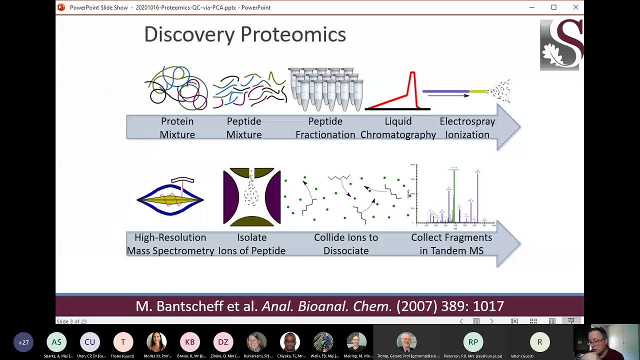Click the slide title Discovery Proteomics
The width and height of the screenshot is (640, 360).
[x=245, y=34]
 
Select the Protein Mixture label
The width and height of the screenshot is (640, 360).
[x=177, y=128]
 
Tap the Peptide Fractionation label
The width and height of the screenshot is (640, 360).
[x=325, y=128]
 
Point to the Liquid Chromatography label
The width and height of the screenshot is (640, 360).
[x=398, y=128]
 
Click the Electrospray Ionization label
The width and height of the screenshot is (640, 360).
[x=467, y=128]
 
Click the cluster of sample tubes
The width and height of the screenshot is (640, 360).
[x=325, y=89]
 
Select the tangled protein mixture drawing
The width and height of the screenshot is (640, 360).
[x=176, y=88]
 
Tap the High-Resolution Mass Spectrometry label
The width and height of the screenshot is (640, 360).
[x=170, y=244]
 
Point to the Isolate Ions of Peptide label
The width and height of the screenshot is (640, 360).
[x=251, y=244]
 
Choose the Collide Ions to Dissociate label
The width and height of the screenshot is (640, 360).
[x=346, y=244]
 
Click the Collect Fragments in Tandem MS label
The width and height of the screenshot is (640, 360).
[x=451, y=244]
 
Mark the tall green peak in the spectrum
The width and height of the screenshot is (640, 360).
[x=454, y=195]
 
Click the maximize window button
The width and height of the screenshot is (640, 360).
[x=553, y=7]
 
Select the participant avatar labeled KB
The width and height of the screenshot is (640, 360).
[x=190, y=342]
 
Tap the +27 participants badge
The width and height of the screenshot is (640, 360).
[x=23, y=342]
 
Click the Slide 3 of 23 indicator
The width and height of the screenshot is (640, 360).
[x=71, y=321]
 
